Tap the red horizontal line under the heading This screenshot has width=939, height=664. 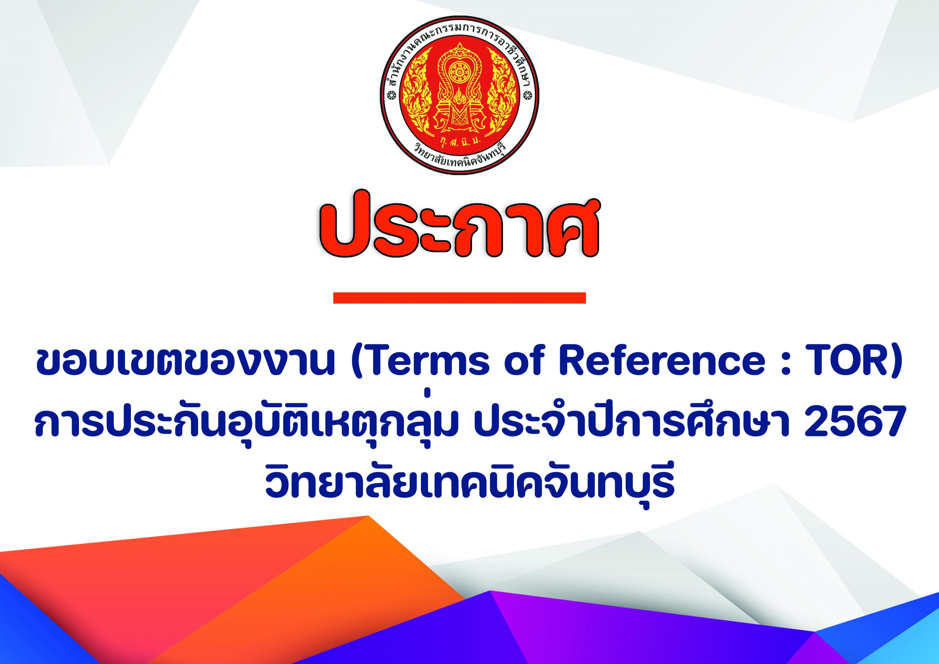click(x=459, y=298)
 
